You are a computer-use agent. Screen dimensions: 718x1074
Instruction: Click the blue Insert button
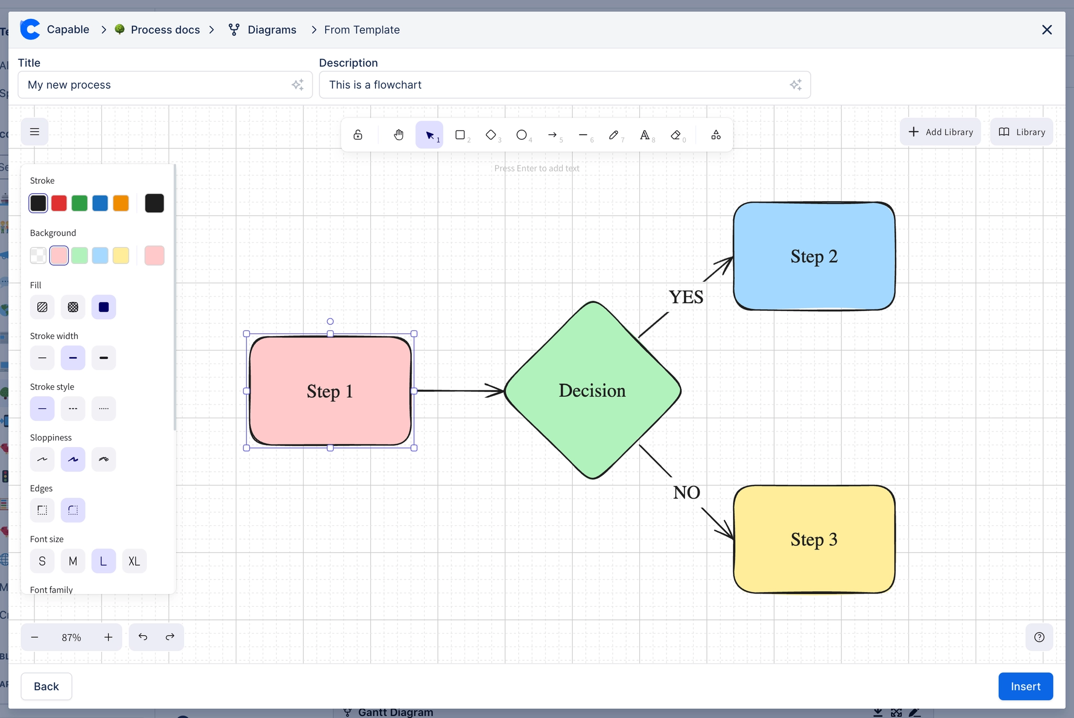tap(1025, 686)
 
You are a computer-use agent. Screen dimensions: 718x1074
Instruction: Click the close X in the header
tap(1047, 30)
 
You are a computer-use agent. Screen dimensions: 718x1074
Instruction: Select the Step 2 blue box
tap(814, 256)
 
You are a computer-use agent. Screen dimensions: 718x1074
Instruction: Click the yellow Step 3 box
tap(814, 540)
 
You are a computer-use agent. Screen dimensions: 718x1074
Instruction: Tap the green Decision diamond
tap(592, 390)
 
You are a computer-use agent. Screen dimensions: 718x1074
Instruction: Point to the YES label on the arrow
tap(686, 297)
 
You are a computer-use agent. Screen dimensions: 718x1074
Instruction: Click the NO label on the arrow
tap(686, 492)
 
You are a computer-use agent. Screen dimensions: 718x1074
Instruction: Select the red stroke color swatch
tap(59, 203)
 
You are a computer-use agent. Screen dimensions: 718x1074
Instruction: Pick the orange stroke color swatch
tap(121, 203)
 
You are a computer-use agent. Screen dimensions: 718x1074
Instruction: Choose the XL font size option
tap(134, 561)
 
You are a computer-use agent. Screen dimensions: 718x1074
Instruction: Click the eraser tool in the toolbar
tap(675, 135)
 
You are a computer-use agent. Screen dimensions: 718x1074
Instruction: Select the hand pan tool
tap(399, 135)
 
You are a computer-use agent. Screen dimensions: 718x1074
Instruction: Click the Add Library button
tap(940, 132)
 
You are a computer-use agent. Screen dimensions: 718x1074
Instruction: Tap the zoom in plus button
tap(108, 637)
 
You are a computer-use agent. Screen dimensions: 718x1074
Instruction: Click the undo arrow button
tap(143, 637)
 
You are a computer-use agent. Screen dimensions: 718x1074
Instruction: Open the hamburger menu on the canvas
tap(35, 132)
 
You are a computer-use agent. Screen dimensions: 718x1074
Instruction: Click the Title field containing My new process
tap(157, 85)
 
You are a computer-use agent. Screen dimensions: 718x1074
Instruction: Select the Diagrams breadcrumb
tap(271, 30)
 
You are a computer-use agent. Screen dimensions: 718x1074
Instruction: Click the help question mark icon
tap(1039, 637)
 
